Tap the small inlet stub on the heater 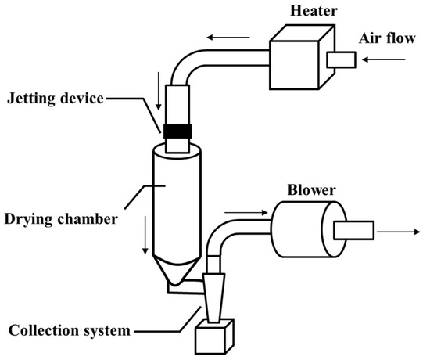[x=342, y=59]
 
